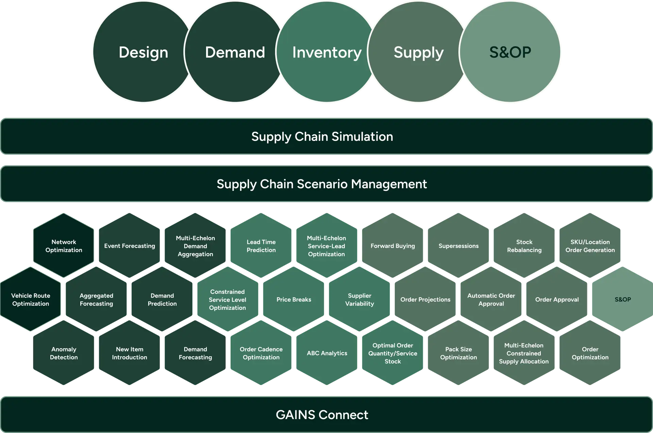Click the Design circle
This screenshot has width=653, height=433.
coord(143,52)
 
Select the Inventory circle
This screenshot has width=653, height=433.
coord(326,52)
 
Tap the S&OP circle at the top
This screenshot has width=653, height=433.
coord(510,52)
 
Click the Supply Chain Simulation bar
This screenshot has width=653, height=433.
coord(322,136)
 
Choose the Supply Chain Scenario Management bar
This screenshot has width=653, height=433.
coord(322,184)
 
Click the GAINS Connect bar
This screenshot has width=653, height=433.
coord(322,415)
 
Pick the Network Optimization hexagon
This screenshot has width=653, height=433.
coord(64,246)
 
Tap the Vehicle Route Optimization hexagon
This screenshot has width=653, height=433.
coord(31,299)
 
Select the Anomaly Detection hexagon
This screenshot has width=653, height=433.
coord(64,353)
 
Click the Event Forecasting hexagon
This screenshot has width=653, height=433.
coord(130,246)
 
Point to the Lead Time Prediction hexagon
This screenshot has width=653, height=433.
coord(261,246)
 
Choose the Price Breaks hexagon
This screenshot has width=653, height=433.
coord(294,299)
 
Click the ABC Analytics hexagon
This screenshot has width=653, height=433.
coord(327,353)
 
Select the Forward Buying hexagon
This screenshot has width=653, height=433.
coord(393,246)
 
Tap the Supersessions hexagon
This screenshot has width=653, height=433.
coord(458,246)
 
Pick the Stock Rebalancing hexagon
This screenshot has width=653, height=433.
coord(524,246)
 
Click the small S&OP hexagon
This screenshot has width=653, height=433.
coord(623,299)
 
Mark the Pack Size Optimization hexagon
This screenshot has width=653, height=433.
coord(458,353)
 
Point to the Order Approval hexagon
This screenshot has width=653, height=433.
coord(557,299)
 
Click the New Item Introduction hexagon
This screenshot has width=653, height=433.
coord(130,353)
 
